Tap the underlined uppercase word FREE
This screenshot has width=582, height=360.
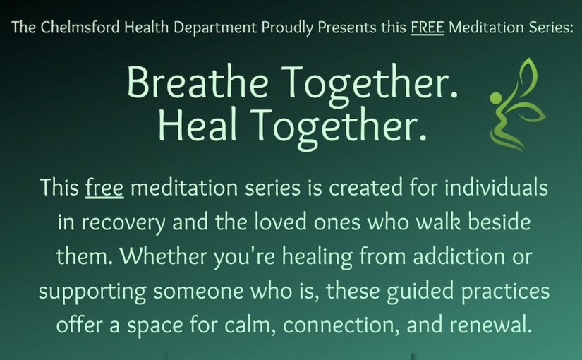click(428, 28)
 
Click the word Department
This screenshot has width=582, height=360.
click(215, 28)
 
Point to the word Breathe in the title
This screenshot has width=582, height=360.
click(198, 82)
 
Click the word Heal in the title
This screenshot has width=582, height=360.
click(198, 124)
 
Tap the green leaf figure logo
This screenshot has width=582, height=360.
click(518, 104)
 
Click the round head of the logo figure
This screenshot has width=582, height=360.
click(495, 98)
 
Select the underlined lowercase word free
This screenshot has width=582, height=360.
click(104, 187)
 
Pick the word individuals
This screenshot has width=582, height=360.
click(496, 187)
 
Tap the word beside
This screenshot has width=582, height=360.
click(499, 222)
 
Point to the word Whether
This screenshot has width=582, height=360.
click(164, 256)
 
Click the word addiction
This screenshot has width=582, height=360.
click(459, 256)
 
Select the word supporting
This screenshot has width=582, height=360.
click(92, 292)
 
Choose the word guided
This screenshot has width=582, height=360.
click(420, 292)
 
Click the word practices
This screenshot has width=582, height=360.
click(506, 292)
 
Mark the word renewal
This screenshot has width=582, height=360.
click(491, 324)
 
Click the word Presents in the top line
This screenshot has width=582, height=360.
click(346, 28)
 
